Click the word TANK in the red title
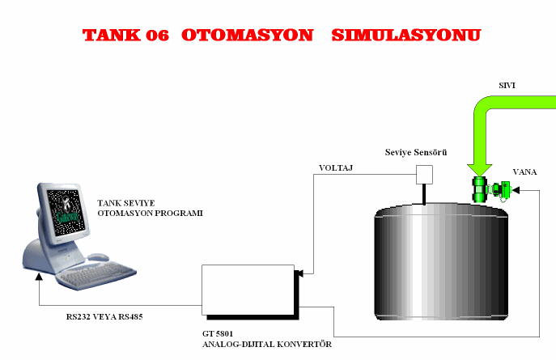112,35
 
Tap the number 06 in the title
157,36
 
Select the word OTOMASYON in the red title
247,35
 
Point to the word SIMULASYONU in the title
406,35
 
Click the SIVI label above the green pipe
507,86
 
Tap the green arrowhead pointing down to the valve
479,170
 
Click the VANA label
524,172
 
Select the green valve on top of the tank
490,189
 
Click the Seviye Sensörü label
416,152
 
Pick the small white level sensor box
424,174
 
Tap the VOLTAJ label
336,168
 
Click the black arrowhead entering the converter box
299,273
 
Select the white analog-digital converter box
248,290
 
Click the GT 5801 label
218,333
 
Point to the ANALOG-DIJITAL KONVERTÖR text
267,344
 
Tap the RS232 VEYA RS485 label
104,317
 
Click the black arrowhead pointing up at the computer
39,276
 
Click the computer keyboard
96,275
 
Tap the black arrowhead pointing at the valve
516,190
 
